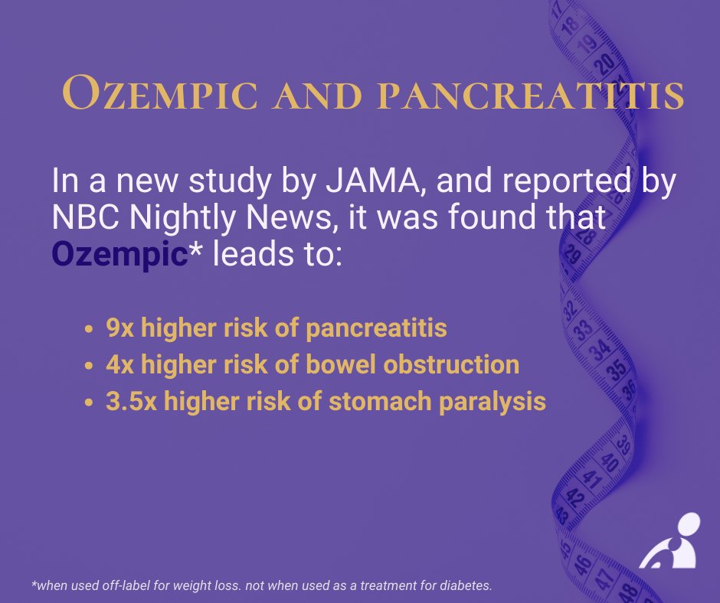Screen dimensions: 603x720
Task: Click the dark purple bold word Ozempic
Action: [119, 255]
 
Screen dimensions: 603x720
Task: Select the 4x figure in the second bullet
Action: [119, 364]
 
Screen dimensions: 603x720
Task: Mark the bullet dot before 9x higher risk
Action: [90, 329]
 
